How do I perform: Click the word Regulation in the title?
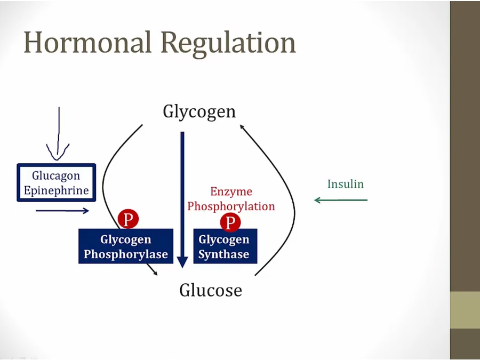(229, 43)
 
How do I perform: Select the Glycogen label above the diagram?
(199, 112)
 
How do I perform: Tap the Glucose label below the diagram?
(210, 290)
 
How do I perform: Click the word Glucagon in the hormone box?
(56, 176)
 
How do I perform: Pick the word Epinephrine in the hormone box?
(56, 190)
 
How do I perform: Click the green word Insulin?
(345, 184)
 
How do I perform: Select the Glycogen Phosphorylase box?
(126, 246)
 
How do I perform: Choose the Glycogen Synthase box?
(225, 246)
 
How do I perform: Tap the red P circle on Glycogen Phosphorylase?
(128, 219)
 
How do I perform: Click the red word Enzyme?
(231, 191)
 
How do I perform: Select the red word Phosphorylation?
(231, 206)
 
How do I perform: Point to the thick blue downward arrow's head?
(182, 262)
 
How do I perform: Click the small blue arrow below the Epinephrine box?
(62, 211)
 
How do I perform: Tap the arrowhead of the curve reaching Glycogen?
(242, 126)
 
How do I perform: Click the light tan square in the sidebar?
(465, 310)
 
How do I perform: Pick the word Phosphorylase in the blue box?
(126, 254)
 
